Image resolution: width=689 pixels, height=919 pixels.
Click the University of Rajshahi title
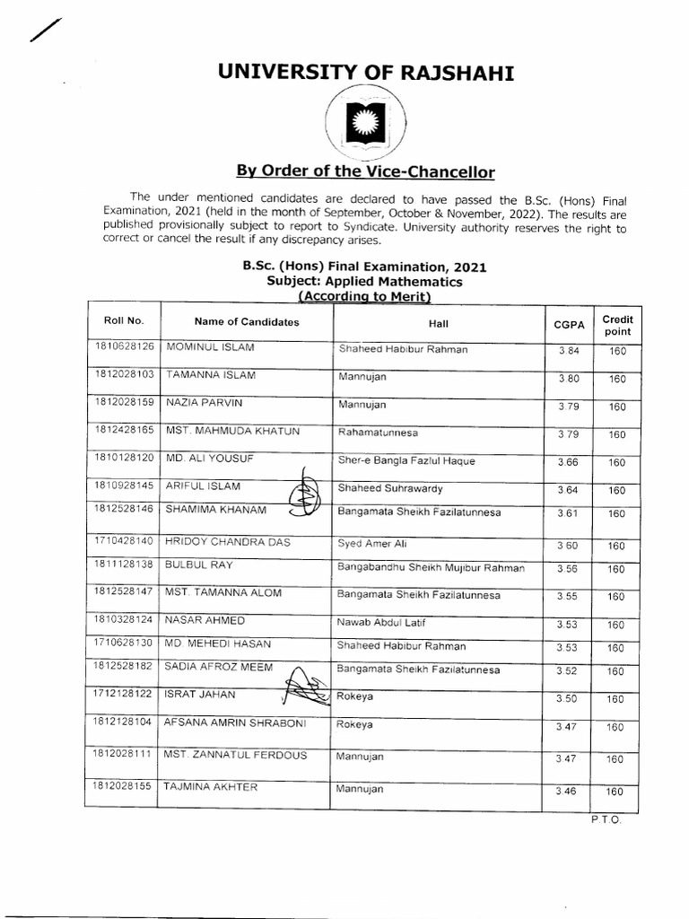(x=366, y=72)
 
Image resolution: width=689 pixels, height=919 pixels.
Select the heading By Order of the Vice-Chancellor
(x=365, y=171)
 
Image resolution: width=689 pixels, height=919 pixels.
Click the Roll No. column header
(x=124, y=321)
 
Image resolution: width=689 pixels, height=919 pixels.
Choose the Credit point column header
(x=617, y=325)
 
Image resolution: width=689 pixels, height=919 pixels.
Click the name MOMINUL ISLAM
(x=212, y=346)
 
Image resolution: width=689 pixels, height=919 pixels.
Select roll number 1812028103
(x=124, y=374)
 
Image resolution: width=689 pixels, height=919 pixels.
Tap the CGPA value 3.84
(x=569, y=351)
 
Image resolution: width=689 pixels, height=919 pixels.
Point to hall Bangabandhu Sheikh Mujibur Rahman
(x=431, y=568)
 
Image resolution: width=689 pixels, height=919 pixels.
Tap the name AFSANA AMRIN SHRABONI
(x=233, y=722)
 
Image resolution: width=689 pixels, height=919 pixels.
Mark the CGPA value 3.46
(x=567, y=791)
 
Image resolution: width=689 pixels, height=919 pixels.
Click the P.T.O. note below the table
(x=606, y=819)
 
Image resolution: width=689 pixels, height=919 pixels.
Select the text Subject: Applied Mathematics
(x=365, y=282)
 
